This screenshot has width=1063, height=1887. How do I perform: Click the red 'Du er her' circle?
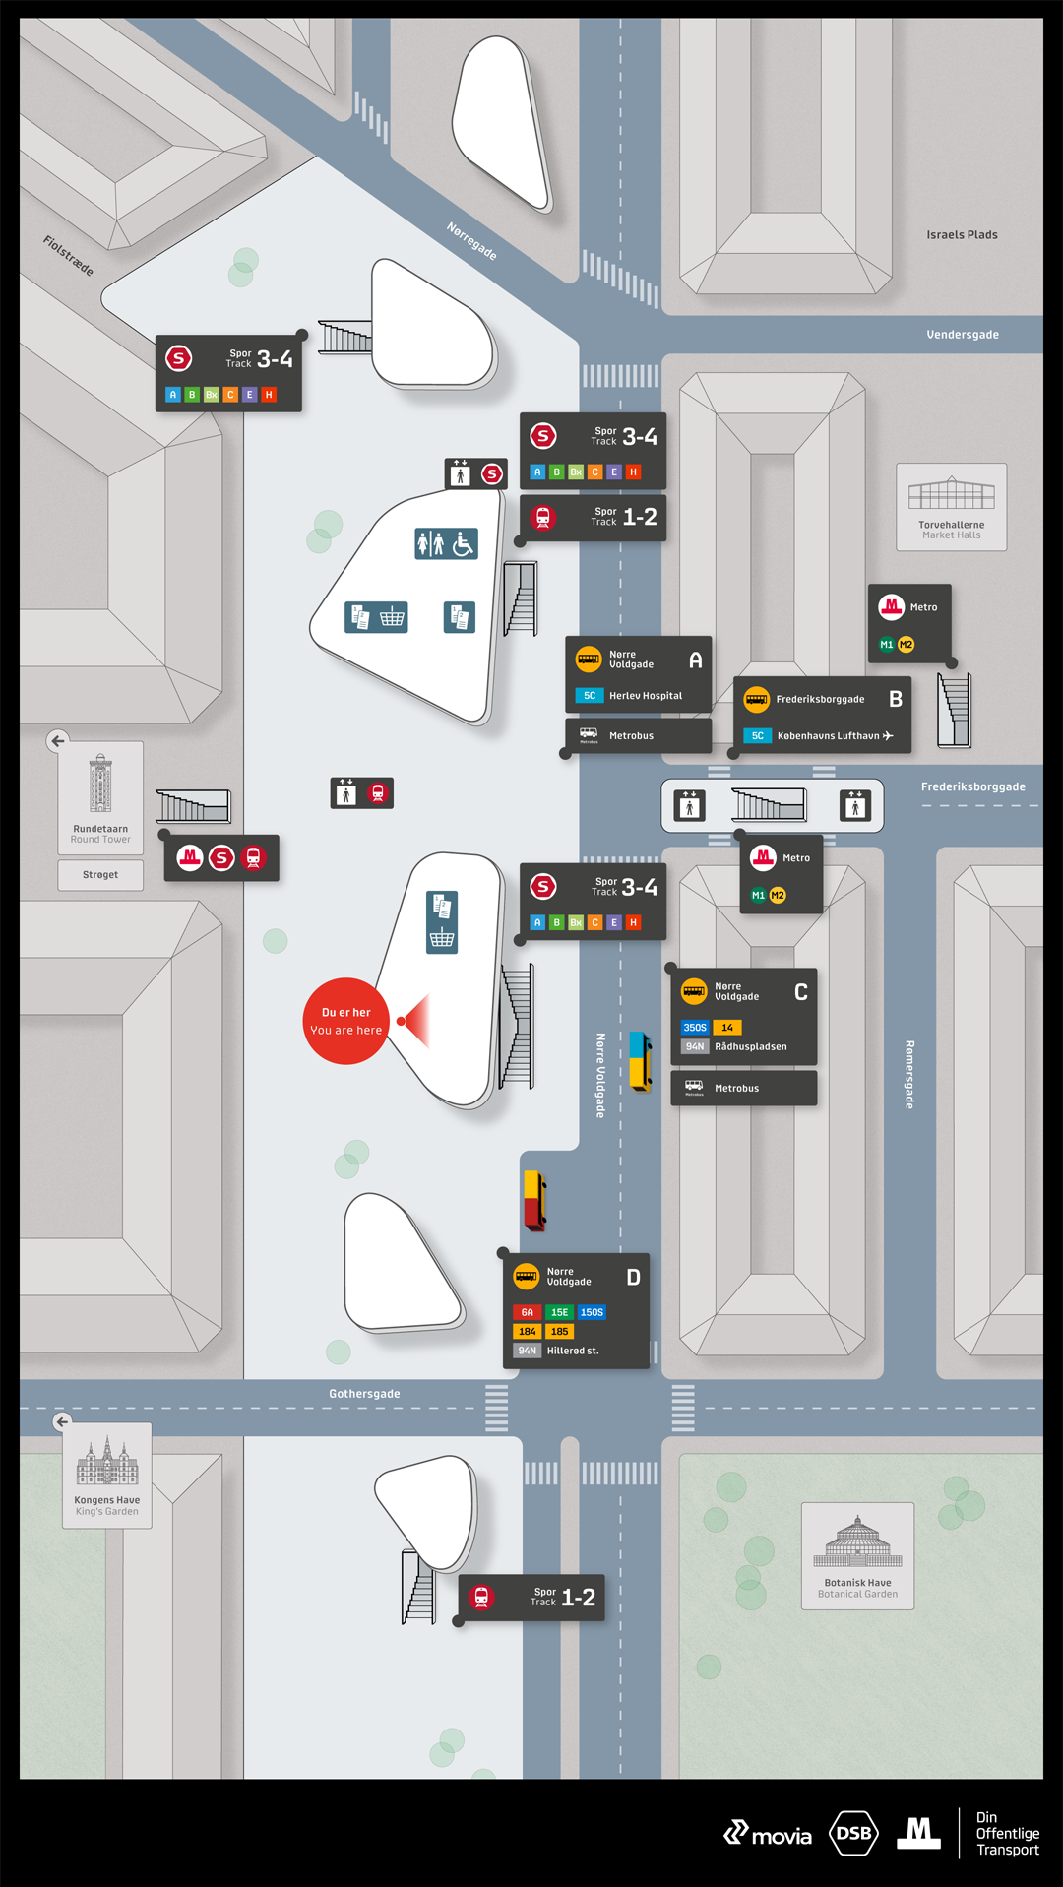click(x=345, y=1021)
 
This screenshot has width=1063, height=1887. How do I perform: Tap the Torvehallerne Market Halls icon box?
click(x=951, y=506)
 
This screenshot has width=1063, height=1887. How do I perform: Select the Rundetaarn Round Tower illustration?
click(x=100, y=785)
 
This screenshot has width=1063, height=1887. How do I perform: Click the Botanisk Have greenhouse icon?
click(x=857, y=1542)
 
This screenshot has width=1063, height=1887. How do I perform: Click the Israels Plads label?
click(x=962, y=235)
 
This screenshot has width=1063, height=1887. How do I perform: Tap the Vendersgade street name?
click(x=962, y=335)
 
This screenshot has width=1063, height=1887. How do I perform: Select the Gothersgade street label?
click(x=364, y=1394)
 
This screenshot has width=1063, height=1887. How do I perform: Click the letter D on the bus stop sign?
click(x=633, y=1277)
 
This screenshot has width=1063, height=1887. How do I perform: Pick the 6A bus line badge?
click(x=527, y=1312)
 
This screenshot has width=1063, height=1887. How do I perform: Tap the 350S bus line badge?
click(x=695, y=1028)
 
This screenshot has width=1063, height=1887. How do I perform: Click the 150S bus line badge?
click(x=592, y=1312)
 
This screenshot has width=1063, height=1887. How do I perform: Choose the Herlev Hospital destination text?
click(x=645, y=696)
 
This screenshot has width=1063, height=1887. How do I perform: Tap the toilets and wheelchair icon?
click(x=446, y=543)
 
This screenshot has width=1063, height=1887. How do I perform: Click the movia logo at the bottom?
click(x=768, y=1834)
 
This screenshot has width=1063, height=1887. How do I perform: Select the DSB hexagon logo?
click(x=853, y=1833)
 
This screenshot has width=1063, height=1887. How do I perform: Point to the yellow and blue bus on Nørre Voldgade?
click(x=640, y=1061)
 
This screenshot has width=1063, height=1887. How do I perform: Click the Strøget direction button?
click(x=100, y=875)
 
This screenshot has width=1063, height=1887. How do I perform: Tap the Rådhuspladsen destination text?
click(x=750, y=1047)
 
